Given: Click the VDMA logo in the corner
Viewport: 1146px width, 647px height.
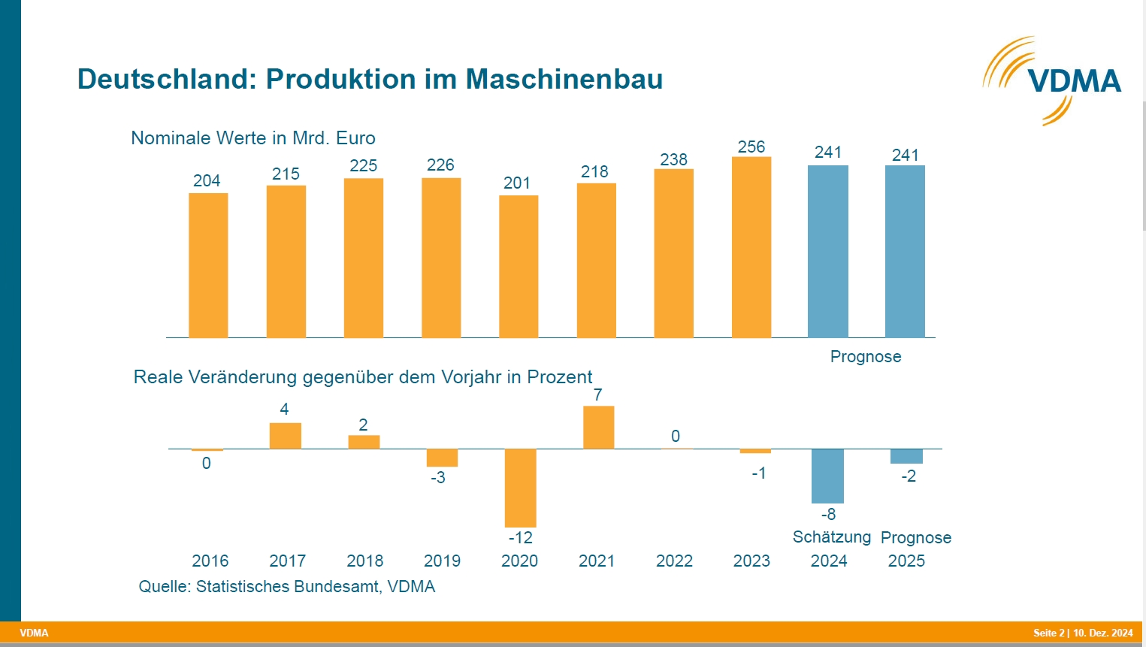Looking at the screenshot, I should click(1052, 80).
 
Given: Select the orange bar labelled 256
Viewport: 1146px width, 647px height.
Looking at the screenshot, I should click(751, 247).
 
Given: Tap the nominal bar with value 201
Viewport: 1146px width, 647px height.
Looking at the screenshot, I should click(519, 266).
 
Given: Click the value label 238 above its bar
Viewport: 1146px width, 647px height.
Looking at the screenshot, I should click(673, 159).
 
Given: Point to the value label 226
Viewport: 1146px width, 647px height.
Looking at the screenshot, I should click(440, 165).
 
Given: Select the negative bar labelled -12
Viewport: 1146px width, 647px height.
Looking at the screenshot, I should click(520, 488).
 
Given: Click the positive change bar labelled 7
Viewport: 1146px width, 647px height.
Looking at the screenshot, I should click(598, 428).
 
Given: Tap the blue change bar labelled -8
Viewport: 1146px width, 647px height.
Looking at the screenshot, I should click(827, 476).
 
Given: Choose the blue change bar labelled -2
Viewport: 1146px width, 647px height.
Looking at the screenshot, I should click(906, 456).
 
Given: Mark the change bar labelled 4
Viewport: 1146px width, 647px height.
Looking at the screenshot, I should click(285, 436).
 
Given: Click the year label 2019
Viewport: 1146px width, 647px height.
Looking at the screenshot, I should click(442, 561).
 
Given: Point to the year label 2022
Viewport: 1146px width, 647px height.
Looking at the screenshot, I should click(674, 561).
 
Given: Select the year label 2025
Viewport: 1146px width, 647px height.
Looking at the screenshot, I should click(906, 561).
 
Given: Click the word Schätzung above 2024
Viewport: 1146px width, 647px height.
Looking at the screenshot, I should click(831, 537).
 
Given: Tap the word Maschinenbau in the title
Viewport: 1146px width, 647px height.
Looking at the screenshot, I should click(564, 79).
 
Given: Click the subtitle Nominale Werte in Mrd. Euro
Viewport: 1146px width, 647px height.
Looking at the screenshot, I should click(252, 138).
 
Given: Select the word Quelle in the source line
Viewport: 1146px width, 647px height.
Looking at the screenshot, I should click(164, 586).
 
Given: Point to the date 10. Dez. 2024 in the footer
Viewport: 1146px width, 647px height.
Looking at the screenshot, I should click(1102, 633).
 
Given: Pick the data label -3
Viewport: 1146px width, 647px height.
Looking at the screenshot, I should click(437, 477).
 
